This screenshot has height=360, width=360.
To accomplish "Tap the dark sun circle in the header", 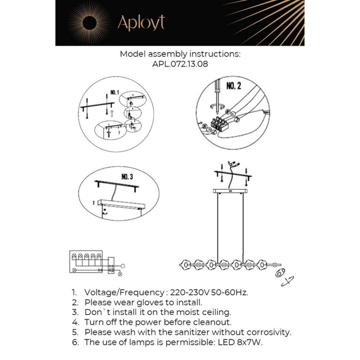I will click(89, 23).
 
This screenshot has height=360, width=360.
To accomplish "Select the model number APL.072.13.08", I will click(180, 64).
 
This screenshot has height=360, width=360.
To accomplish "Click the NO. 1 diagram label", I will click(115, 92).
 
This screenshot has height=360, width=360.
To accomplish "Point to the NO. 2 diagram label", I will click(233, 86).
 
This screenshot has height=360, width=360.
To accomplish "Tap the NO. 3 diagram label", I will click(127, 177).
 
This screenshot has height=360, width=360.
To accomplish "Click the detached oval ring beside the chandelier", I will click(280, 274).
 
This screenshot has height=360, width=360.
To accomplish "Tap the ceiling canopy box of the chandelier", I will click(230, 191).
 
